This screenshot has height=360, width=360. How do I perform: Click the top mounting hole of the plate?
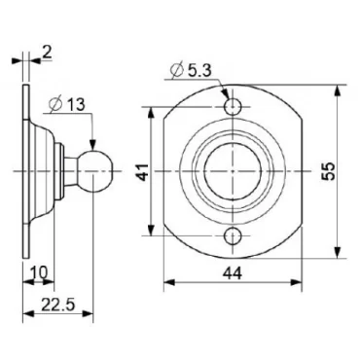[x=234, y=105]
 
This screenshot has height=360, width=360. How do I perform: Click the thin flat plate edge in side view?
[x=23, y=170]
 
